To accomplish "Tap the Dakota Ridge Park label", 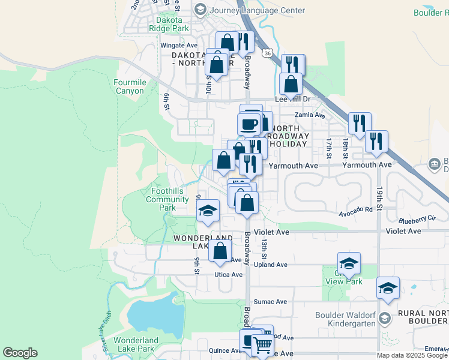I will tap(163, 28).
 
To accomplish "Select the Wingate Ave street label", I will tap(179, 45).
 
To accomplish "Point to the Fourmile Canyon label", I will tap(129, 86).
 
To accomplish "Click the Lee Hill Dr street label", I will tap(292, 99).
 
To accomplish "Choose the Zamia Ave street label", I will tap(309, 115).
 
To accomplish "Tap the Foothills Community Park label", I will tap(167, 199).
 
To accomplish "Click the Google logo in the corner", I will tap(20, 353).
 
